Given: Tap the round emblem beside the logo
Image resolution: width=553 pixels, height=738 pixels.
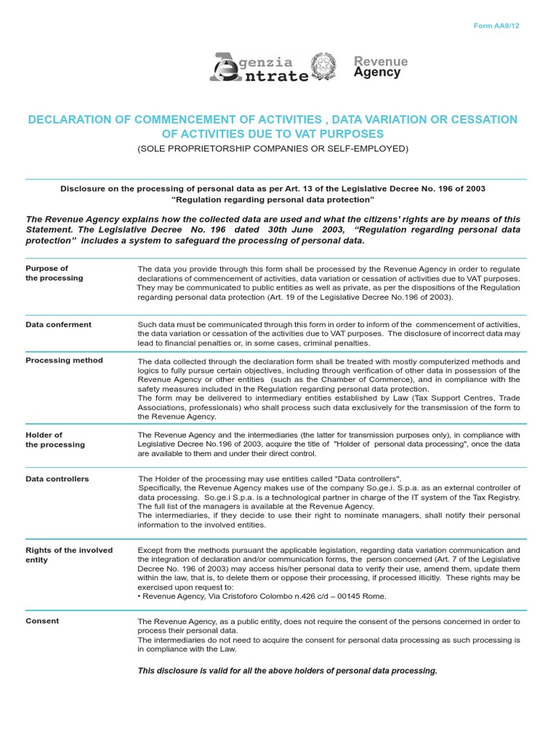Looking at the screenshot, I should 323,66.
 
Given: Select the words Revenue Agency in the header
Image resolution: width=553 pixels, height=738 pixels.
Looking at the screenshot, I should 381,67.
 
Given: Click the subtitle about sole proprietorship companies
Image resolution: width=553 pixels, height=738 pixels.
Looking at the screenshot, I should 273,148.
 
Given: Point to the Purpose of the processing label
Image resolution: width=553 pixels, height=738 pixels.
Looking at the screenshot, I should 54,273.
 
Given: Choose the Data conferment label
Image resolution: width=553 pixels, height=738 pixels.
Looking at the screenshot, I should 58,324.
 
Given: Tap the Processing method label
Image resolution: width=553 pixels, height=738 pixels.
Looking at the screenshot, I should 64,360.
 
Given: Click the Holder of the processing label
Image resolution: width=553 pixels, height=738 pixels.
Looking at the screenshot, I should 55,440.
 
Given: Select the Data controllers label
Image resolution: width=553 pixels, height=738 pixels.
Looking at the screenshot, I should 58,479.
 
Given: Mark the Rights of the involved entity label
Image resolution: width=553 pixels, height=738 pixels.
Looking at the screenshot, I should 69,555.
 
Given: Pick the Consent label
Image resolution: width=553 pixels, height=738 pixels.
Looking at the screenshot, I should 42,621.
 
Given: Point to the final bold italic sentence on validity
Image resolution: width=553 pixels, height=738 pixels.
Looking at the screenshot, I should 287,671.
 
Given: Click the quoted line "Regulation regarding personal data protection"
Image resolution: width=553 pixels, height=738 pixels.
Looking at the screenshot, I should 273,199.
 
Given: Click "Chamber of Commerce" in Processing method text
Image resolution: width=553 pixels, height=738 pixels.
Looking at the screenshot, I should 309,380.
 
